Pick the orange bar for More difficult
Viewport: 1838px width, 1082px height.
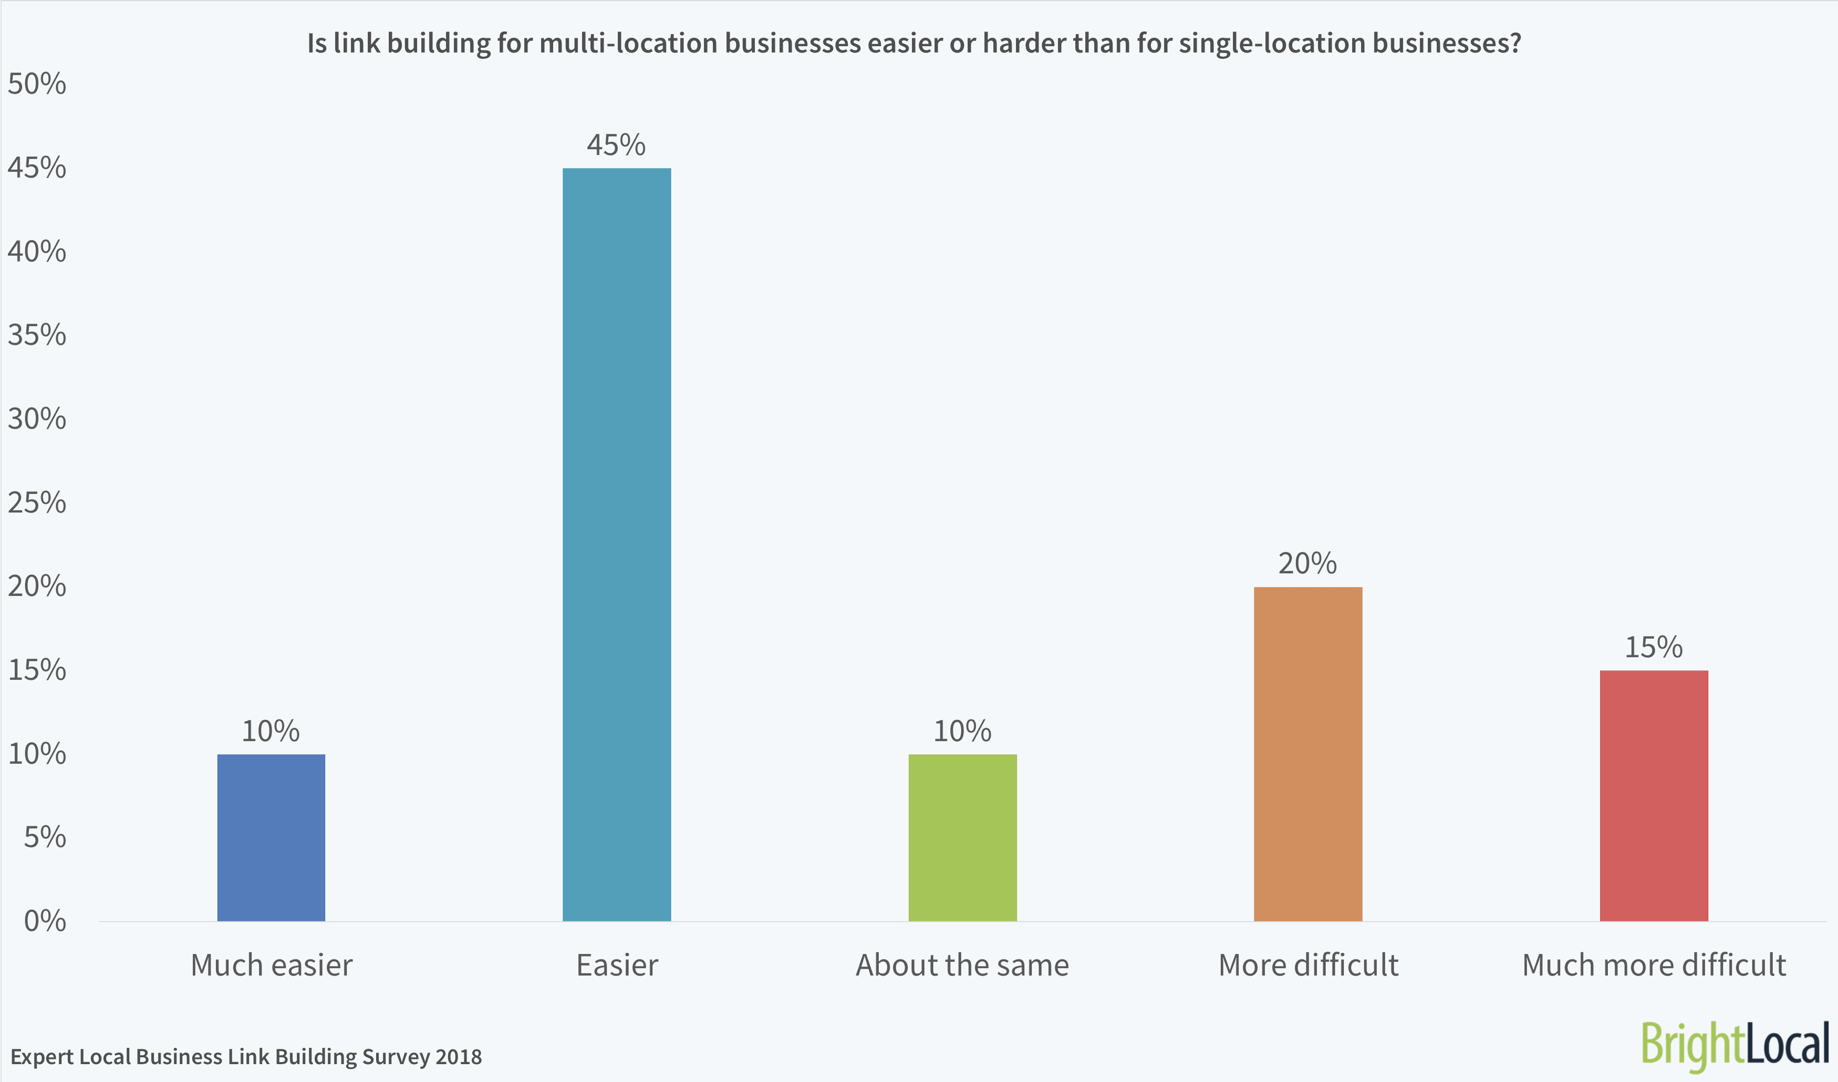click(1308, 754)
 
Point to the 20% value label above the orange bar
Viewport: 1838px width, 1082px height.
click(1308, 564)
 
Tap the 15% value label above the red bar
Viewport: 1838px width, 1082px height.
click(1654, 647)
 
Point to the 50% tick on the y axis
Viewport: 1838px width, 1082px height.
click(36, 84)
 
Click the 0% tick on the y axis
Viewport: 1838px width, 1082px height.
click(45, 921)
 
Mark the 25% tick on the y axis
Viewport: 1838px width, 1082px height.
click(36, 503)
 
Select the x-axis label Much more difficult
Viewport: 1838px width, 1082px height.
click(1654, 965)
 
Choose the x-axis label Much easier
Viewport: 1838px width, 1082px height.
click(272, 965)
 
